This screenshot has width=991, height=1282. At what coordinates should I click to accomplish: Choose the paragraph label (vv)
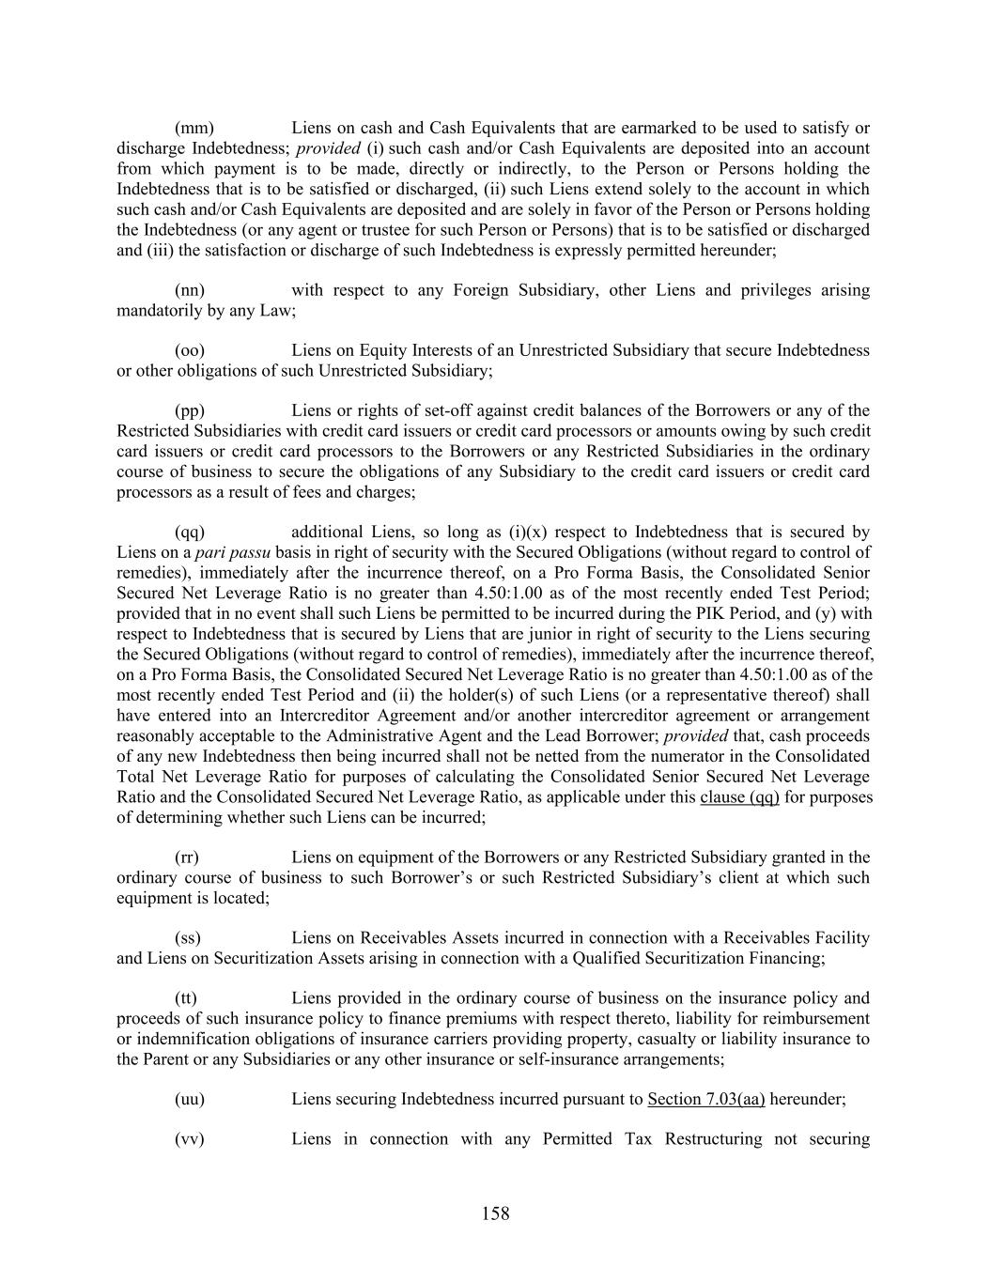pyautogui.click(x=190, y=1139)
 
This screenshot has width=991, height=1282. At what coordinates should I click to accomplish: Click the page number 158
pyautogui.click(x=495, y=1214)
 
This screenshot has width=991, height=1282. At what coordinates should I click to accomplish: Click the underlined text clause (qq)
pyautogui.click(x=739, y=797)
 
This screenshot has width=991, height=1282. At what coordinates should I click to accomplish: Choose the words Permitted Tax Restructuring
pyautogui.click(x=653, y=1139)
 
